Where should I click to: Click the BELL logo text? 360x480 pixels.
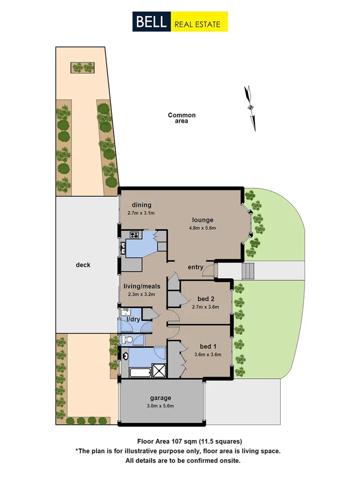point(151,22)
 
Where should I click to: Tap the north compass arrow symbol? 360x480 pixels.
point(250,107)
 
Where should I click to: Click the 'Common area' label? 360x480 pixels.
point(181,118)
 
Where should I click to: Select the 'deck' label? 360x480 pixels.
point(83,265)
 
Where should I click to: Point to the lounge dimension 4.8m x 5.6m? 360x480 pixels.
point(202,228)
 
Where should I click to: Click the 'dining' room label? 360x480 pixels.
point(139,205)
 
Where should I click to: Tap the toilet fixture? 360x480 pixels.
point(126,339)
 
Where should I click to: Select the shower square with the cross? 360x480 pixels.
point(159,370)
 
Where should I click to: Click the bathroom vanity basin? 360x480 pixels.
point(124,355)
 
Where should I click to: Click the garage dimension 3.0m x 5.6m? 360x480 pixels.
point(160,406)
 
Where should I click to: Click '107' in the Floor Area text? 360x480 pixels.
point(177,441)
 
